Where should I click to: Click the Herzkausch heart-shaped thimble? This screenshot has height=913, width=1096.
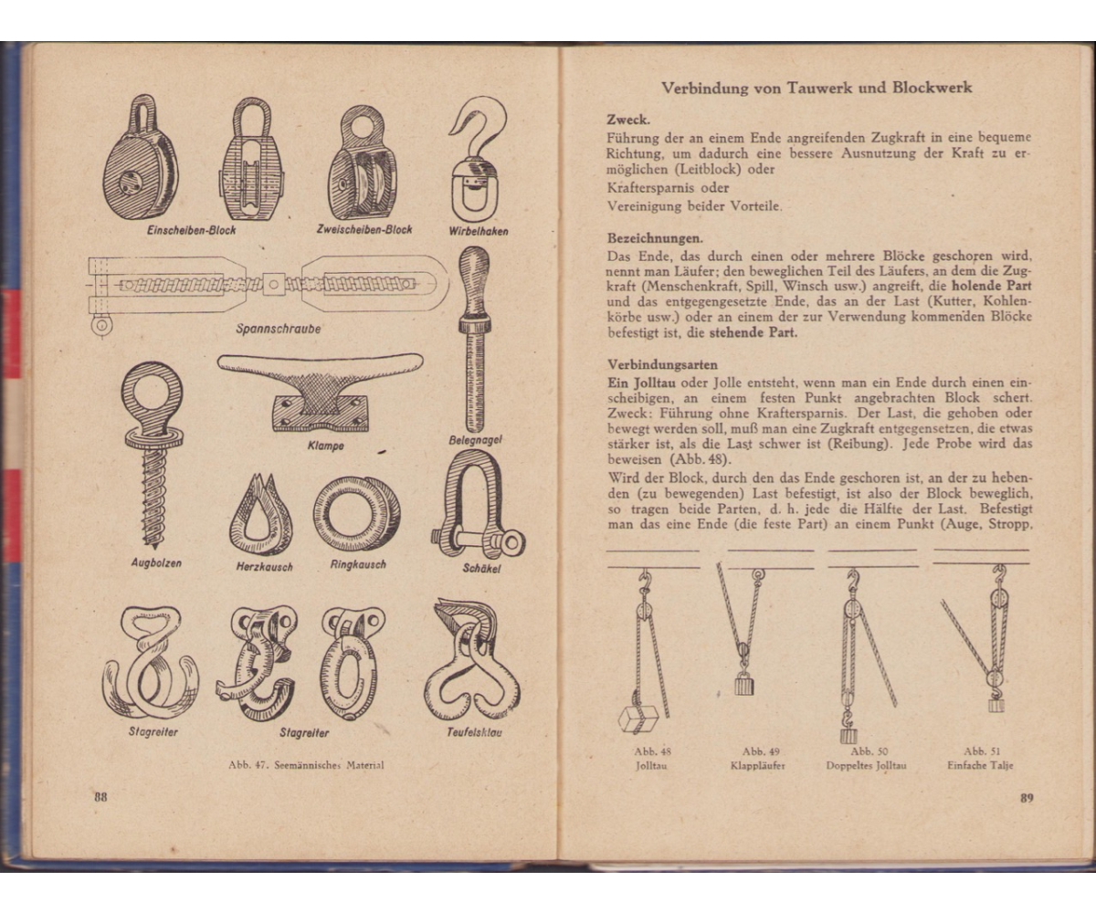pyautogui.click(x=260, y=516)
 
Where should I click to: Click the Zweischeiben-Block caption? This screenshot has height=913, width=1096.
pyautogui.click(x=364, y=230)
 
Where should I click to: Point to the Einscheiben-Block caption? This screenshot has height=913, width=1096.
pyautogui.click(x=191, y=230)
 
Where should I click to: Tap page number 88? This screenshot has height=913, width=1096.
pyautogui.click(x=100, y=796)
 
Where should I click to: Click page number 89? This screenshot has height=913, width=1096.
pyautogui.click(x=1027, y=797)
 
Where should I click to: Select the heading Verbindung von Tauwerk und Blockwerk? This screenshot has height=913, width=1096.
pyautogui.click(x=817, y=89)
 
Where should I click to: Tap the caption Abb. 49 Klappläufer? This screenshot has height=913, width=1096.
pyautogui.click(x=757, y=759)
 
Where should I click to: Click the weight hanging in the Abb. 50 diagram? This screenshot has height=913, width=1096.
pyautogui.click(x=848, y=732)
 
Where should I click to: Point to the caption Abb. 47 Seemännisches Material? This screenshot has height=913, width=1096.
pyautogui.click(x=306, y=765)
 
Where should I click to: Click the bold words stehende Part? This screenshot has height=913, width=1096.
pyautogui.click(x=753, y=332)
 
